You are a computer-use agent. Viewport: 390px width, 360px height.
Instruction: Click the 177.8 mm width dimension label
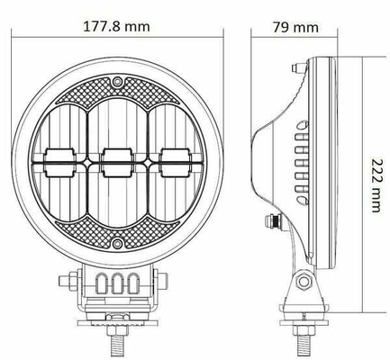coord(116,27)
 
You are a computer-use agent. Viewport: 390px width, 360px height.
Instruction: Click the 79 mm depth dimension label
coord(295,27)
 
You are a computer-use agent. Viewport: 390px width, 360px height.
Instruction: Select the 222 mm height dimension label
coord(376,185)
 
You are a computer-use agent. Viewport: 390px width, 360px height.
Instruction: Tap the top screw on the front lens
coord(117,81)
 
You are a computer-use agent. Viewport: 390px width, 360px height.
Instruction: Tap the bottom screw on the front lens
coord(117,243)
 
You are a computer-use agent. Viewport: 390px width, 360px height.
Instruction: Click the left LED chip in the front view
coord(59,162)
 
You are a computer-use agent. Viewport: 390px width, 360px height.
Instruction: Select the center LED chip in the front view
coord(117,162)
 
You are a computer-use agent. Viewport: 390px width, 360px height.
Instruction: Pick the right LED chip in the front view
coord(174,162)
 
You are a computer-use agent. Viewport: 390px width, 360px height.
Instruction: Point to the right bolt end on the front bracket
coord(162,282)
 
